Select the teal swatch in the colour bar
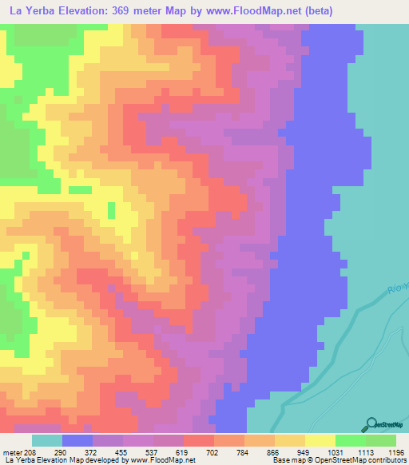click(x=47, y=440)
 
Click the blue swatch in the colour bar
click(x=77, y=440)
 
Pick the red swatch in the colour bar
click(x=199, y=440)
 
